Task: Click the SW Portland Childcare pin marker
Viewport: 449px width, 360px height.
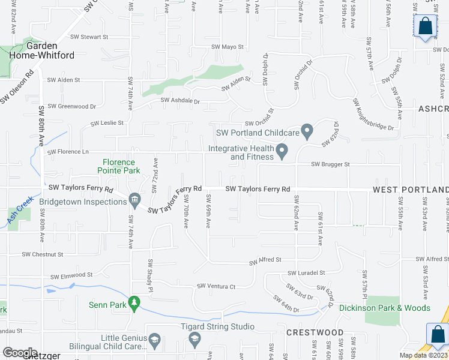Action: (307, 130)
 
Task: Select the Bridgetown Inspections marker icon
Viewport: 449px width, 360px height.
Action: (134, 199)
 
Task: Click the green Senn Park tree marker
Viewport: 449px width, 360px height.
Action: (135, 304)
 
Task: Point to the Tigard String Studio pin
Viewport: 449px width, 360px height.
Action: (194, 340)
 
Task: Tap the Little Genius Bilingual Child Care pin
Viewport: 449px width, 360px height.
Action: (154, 341)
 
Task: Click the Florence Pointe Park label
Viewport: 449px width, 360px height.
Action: (121, 166)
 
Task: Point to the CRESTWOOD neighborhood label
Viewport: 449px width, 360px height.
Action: (315, 332)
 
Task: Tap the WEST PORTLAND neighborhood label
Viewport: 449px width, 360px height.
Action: (411, 190)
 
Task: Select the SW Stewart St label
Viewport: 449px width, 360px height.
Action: (89, 37)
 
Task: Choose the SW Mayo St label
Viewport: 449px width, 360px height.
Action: (228, 47)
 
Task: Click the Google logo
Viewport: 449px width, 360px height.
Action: (20, 353)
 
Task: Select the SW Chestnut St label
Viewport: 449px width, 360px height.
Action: (42, 254)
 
